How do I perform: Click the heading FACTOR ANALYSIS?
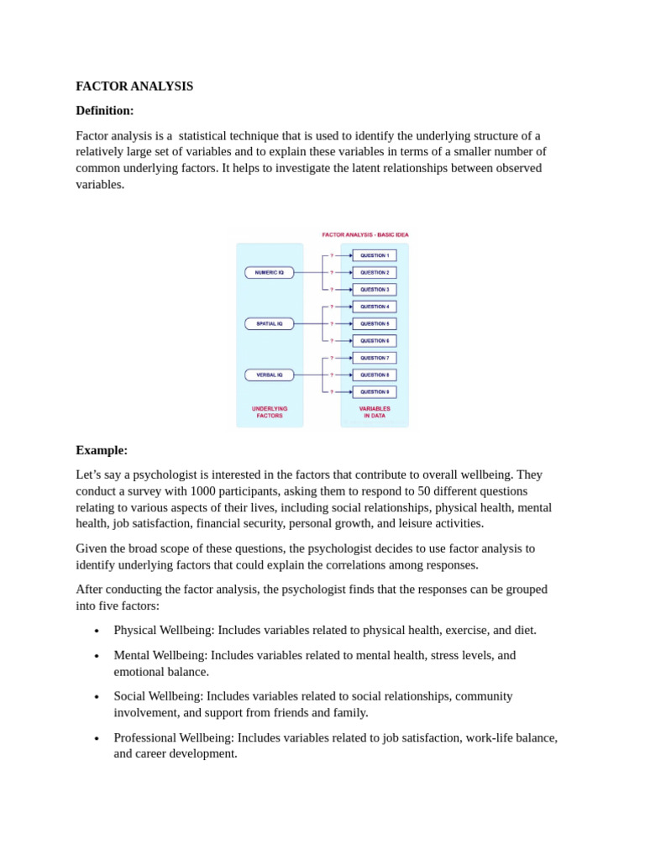click(134, 87)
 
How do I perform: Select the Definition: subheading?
click(105, 111)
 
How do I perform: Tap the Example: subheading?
click(102, 450)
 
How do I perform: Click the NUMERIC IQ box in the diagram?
click(270, 273)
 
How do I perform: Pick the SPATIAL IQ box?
click(270, 323)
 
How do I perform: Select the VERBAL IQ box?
click(270, 375)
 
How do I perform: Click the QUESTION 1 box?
click(375, 255)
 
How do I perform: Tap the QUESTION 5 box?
click(375, 323)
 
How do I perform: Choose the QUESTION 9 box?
click(375, 391)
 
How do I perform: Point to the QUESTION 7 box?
click(375, 358)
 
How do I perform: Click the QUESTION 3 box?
click(375, 290)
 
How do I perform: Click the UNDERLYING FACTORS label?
click(270, 412)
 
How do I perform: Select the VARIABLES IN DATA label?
click(375, 412)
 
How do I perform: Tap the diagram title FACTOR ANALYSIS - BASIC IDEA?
click(365, 235)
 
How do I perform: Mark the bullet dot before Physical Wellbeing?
click(97, 631)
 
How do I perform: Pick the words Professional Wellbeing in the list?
click(173, 737)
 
